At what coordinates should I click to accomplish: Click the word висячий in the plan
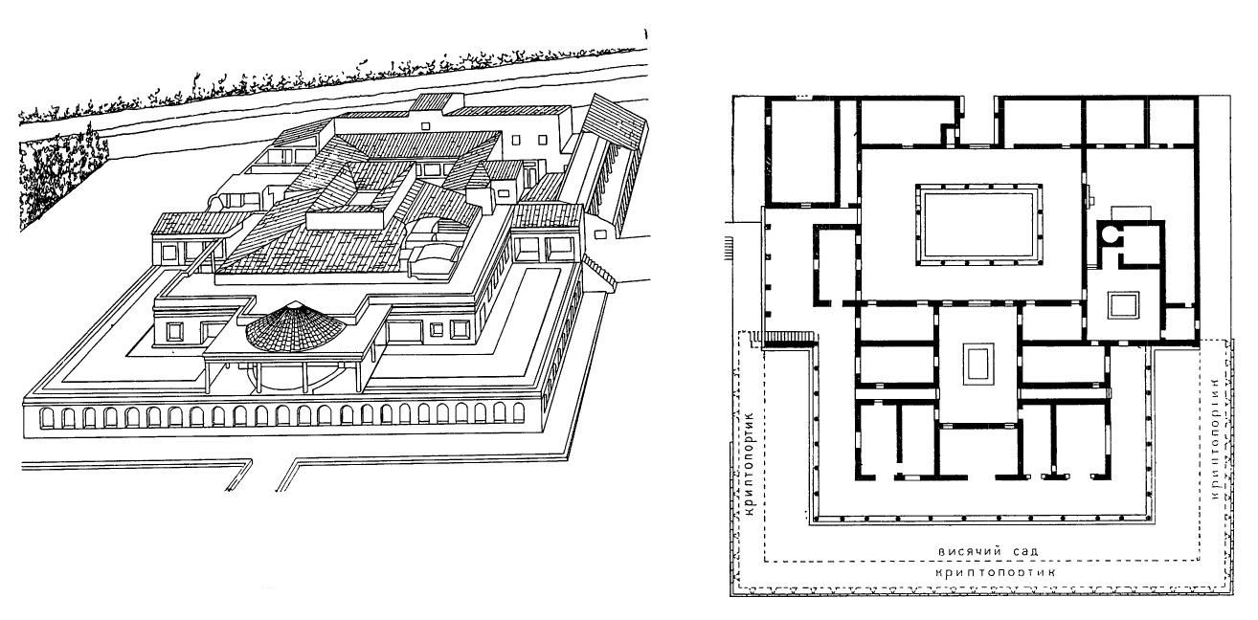[x=970, y=551]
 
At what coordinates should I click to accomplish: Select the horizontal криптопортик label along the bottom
[x=996, y=572]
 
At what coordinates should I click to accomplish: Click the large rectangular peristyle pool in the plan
[x=978, y=226]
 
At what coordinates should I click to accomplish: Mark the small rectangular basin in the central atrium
[x=977, y=365]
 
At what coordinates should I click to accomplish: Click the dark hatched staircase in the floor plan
[x=789, y=337]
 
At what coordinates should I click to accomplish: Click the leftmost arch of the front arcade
[x=47, y=418]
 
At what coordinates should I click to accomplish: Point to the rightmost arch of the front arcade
[x=517, y=412]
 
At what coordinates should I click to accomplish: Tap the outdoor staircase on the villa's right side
[x=599, y=273]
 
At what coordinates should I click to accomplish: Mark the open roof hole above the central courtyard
[x=364, y=197]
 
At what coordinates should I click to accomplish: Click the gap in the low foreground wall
[x=264, y=476]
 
